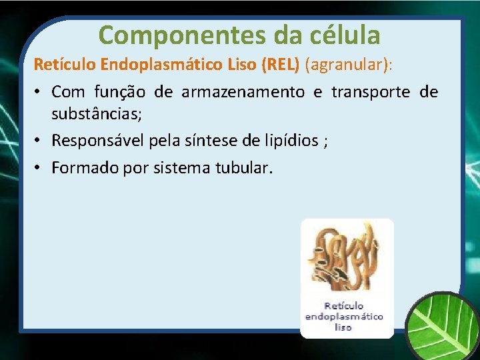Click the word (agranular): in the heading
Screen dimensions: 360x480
(x=349, y=65)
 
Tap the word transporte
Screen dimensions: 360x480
(x=364, y=91)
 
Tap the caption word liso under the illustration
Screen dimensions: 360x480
(x=343, y=327)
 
